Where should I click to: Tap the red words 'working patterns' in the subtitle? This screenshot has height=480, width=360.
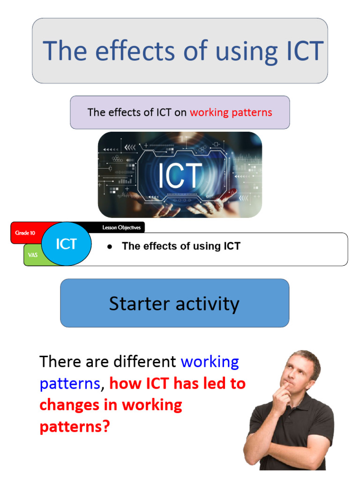pos(231,112)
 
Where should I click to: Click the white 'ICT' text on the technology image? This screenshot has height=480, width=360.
pos(180,175)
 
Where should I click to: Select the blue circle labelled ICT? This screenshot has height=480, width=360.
pos(66,244)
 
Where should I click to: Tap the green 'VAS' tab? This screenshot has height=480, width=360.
pos(32,255)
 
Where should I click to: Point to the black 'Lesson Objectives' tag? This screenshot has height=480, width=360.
pos(121,228)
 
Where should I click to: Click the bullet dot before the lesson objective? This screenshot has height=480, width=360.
pos(109,247)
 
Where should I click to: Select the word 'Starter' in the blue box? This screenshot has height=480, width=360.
pos(137,304)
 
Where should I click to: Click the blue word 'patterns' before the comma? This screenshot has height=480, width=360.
pos(70,384)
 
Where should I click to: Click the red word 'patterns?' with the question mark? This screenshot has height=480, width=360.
pos(75,427)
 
